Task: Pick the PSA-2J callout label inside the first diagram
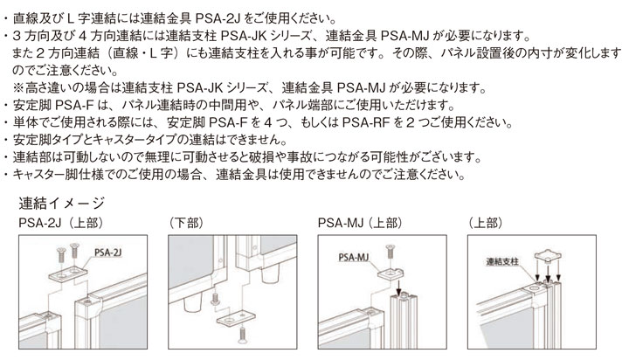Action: [x=108, y=250]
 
